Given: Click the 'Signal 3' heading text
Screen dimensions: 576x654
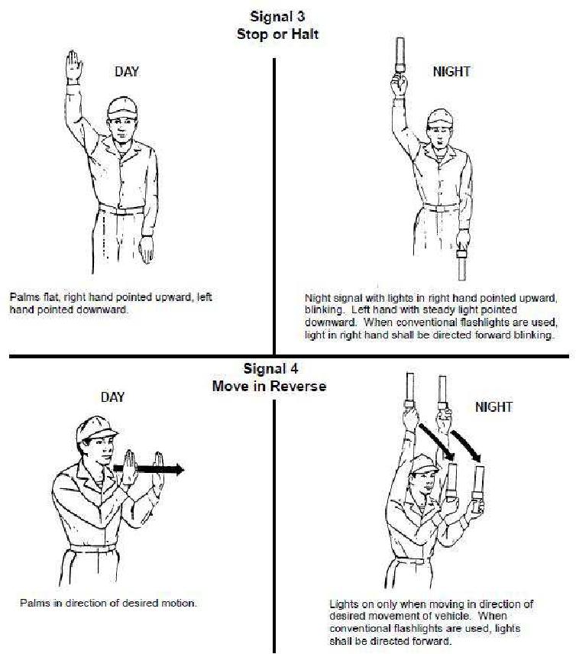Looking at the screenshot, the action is coord(277,17).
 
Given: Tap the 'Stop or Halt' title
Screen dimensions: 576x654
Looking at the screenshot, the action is coord(277,34).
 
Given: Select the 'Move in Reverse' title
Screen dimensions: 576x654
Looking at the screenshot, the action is coord(269,386).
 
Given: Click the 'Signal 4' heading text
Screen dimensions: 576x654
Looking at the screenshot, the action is coord(271,369).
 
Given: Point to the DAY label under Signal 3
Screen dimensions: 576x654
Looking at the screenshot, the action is coord(127,71).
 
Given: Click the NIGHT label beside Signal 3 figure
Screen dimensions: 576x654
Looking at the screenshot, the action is coord(451,71).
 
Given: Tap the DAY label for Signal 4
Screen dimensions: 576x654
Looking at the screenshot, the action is coord(112,397).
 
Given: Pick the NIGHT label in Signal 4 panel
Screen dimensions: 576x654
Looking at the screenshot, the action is coord(493,406).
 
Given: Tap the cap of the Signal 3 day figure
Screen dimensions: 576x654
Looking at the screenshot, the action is coord(121,108).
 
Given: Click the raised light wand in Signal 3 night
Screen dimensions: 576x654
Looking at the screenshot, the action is coord(400,55).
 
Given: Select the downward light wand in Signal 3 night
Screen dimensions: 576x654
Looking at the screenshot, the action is coord(461,265).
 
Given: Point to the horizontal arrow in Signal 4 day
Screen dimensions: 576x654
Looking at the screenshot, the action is coord(149,469).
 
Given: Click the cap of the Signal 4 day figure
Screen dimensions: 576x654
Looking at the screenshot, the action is coord(96,429).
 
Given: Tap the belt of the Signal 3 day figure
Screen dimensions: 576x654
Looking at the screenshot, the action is coord(121,209).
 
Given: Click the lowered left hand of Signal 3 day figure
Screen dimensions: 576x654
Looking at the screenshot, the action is coord(147,249).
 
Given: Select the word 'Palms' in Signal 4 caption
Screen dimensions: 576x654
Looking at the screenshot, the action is coord(35,603).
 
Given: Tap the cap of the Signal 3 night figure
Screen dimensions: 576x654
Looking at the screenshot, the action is coord(440,117).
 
